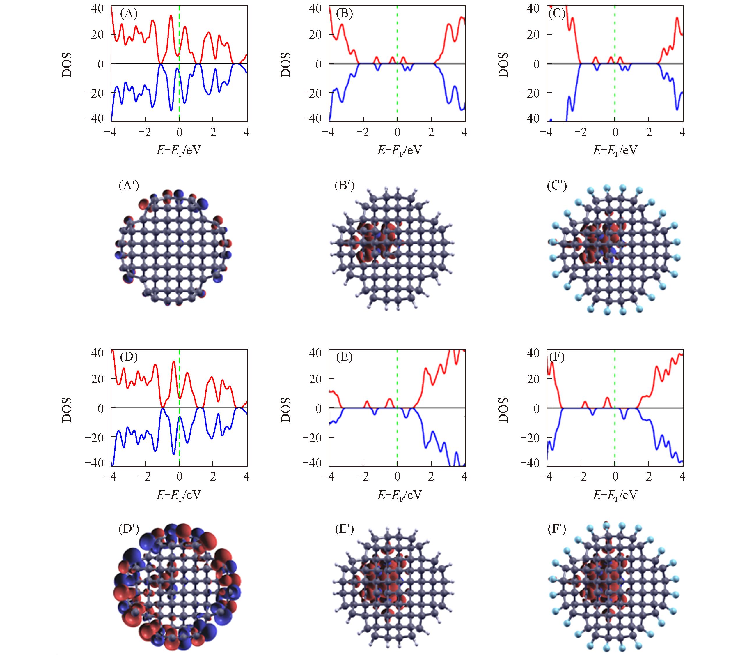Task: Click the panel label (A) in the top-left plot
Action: click(128, 14)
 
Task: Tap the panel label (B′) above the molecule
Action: click(344, 186)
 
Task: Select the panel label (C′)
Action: click(557, 186)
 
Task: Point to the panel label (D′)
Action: click(129, 529)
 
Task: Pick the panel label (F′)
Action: click(557, 529)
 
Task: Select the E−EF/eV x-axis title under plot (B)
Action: click(399, 150)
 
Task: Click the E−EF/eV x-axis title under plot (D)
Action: click(179, 495)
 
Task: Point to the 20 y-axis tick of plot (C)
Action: click(534, 35)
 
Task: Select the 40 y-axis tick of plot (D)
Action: click(97, 353)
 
